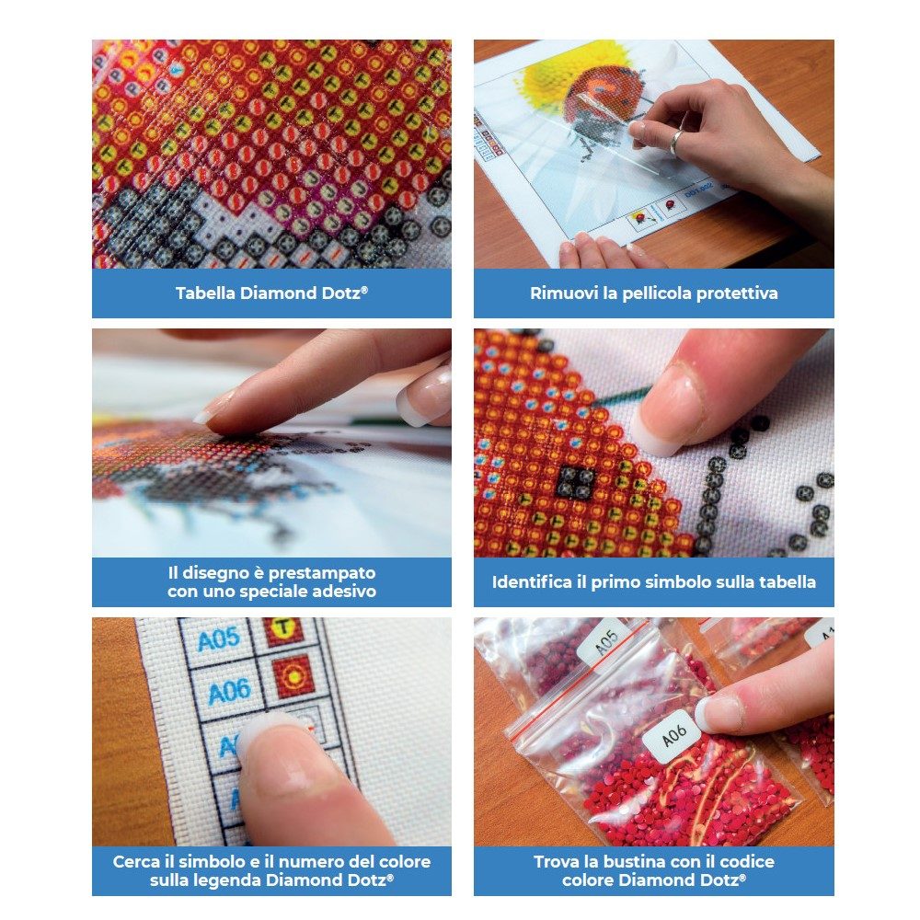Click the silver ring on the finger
click(x=676, y=142)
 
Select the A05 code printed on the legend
click(x=218, y=639)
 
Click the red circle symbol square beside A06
click(x=293, y=677)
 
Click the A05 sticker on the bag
click(x=605, y=642)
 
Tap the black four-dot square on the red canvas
click(x=575, y=481)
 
